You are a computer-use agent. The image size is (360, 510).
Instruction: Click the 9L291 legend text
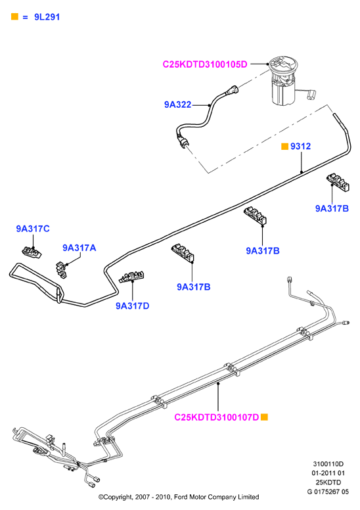[x=47, y=17]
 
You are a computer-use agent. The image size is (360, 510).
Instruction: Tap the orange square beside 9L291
[x=14, y=16]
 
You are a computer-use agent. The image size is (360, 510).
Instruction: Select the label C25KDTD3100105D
[x=205, y=64]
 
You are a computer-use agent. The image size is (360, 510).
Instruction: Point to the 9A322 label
[x=177, y=104]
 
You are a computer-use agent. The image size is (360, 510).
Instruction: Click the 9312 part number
[x=300, y=147]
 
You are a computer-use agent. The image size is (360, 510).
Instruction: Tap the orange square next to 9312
[x=284, y=147]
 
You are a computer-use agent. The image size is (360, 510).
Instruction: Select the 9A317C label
[x=33, y=229]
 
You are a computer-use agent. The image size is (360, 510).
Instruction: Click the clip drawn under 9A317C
[x=32, y=252]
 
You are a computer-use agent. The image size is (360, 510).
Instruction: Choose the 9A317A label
[x=79, y=248]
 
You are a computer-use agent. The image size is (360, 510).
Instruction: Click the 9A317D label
[x=132, y=306]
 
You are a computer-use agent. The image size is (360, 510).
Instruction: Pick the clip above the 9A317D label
[x=131, y=277]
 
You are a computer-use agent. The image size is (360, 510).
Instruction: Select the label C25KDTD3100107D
[x=217, y=417]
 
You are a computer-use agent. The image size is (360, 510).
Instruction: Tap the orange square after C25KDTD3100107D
[x=264, y=417]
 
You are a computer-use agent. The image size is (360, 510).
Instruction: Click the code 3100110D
[x=328, y=464]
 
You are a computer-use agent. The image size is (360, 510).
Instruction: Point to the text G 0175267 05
[x=328, y=492]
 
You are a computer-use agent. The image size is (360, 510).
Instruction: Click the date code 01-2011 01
[x=328, y=473]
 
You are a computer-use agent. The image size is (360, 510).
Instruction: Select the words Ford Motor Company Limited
[x=217, y=497]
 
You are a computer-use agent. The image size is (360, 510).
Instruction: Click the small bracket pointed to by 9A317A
[x=61, y=269]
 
